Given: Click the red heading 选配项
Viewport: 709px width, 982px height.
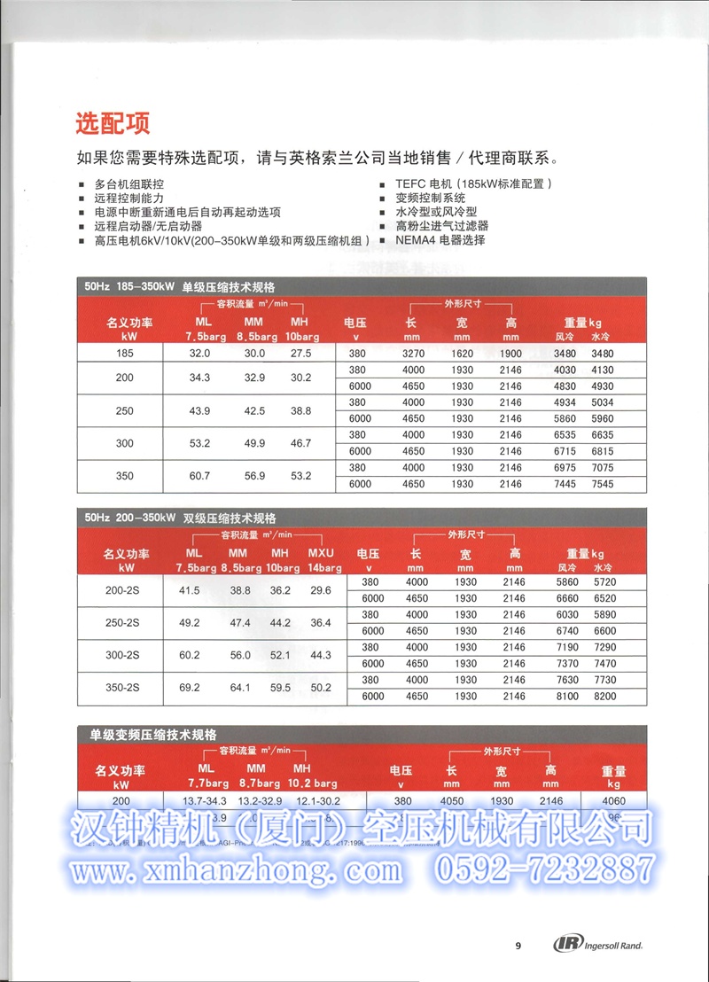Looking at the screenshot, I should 113,121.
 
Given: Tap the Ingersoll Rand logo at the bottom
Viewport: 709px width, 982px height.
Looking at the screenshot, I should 598,945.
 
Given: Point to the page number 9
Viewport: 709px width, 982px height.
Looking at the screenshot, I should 518,945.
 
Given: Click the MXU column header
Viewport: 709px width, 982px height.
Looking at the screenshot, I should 321,553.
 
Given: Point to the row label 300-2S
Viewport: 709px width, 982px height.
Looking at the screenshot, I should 124,655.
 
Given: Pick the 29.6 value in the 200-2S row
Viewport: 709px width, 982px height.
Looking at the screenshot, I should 321,590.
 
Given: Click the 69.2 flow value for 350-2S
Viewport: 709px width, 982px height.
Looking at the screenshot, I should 189,688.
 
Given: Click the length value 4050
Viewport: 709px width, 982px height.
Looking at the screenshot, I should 451,801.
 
